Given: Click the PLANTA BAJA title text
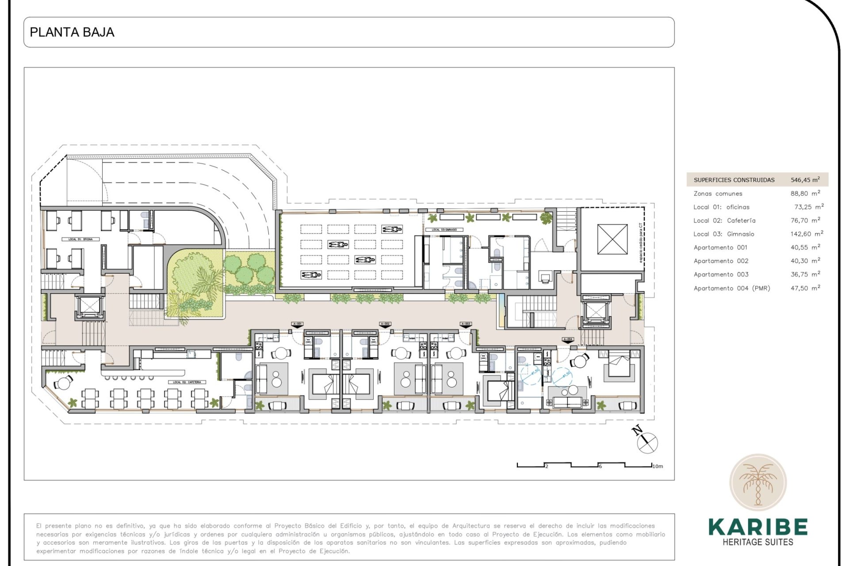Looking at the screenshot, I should [x=72, y=32].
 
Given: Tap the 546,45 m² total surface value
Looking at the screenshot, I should [x=805, y=180].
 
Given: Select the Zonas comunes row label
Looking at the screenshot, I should [x=718, y=194].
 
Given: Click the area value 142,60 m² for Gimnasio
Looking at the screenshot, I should [x=807, y=234].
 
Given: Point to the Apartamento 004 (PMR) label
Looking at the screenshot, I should [x=731, y=288].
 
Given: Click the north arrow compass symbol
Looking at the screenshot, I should [x=647, y=441].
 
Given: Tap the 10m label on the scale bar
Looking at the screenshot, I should [x=658, y=467].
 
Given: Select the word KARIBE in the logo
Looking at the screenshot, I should [x=757, y=527].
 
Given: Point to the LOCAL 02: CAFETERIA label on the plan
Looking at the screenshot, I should [x=187, y=382].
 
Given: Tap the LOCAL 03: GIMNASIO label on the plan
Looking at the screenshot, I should [x=444, y=230].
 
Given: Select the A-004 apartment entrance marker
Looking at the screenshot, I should [x=568, y=340].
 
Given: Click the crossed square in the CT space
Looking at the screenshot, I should [x=612, y=239].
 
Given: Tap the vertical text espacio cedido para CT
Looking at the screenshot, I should [x=640, y=243].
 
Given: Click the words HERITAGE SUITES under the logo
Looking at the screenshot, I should [x=757, y=542].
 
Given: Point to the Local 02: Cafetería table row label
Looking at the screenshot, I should [x=724, y=221].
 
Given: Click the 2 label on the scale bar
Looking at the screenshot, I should [x=547, y=467].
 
